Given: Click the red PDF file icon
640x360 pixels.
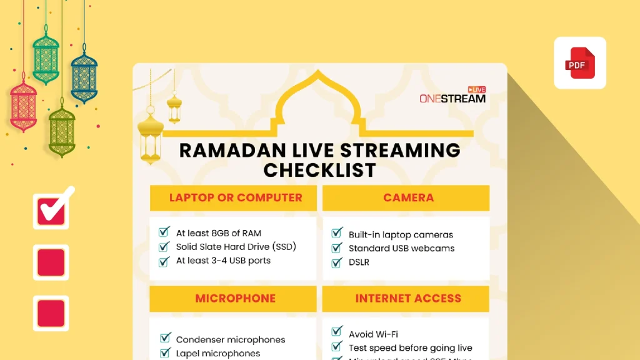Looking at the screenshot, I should [580, 63].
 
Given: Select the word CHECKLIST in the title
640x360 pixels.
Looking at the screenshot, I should [319, 169].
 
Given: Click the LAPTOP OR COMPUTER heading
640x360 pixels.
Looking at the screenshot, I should [236, 197].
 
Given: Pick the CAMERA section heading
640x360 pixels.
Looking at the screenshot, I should [408, 197].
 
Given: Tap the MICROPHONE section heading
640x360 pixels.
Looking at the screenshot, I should [236, 299].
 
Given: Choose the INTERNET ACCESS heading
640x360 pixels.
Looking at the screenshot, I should [408, 299].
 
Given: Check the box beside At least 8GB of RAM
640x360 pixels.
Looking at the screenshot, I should [165, 232].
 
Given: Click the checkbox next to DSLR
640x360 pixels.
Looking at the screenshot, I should [337, 261].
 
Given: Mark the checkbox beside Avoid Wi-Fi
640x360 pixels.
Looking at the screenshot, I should [337, 332].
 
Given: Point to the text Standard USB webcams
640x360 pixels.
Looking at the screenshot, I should [401, 248].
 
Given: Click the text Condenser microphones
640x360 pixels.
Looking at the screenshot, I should [231, 339].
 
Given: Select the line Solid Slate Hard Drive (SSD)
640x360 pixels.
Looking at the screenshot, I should [236, 247].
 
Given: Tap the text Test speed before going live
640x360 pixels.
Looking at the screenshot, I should [411, 347].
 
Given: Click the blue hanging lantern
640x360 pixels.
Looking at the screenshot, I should [84, 78].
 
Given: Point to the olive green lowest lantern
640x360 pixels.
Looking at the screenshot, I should [62, 131].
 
